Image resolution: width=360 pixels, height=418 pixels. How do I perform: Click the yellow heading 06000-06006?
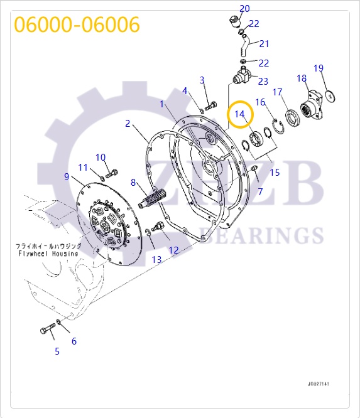pos(77,24)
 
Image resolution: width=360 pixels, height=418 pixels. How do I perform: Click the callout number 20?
pos(244,8)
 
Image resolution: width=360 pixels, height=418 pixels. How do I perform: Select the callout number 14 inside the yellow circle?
pos(239,114)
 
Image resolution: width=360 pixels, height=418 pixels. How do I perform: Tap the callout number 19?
pos(319,68)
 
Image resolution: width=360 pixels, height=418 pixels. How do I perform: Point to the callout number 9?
pos(67,176)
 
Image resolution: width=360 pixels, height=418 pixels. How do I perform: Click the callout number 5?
pos(57,351)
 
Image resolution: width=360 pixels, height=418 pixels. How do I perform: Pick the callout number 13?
pos(156,259)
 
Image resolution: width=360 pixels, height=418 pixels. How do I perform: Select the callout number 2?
pos(128,124)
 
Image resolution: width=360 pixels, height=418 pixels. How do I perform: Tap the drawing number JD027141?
pos(319,383)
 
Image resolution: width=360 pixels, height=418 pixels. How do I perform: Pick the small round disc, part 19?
pos(330,96)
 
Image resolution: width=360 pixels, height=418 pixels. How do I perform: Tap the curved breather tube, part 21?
pos(244,46)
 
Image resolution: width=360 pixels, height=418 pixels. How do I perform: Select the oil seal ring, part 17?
pos(293,117)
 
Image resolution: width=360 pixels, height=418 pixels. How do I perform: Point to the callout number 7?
pos(260,191)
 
